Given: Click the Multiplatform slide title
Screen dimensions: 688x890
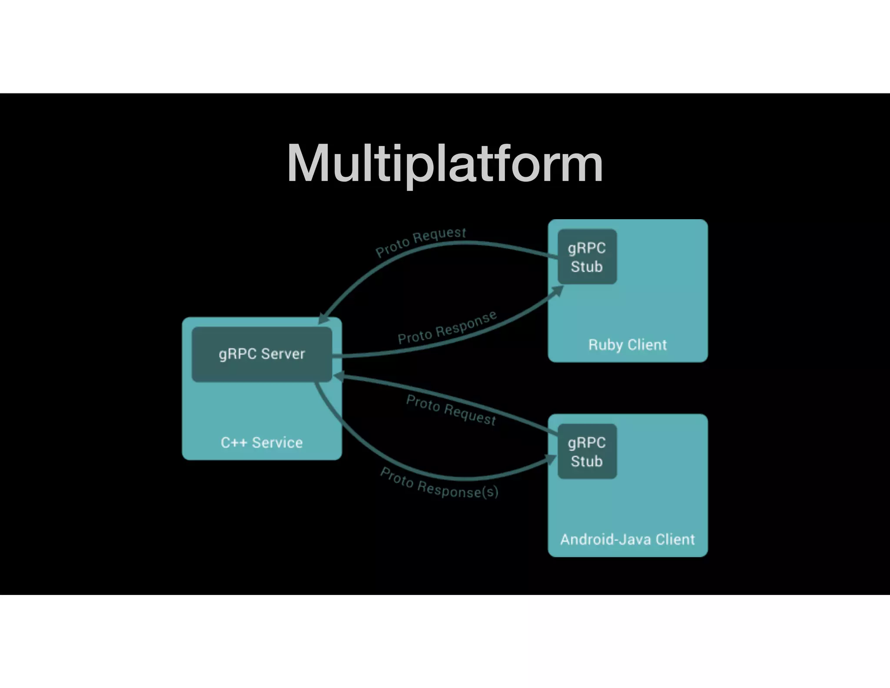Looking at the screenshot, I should [445, 164].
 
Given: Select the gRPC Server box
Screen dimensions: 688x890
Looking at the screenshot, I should [262, 354].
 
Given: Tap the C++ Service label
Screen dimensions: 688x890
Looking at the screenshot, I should [262, 443].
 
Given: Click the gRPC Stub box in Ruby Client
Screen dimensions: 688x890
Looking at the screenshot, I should [587, 257].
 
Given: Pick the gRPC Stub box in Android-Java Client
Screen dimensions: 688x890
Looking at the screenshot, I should [587, 451].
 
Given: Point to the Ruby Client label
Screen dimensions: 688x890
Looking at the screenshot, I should [627, 345].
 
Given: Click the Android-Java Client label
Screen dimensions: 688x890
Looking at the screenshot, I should [627, 540].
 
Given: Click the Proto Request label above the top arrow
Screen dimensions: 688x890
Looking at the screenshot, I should [420, 242].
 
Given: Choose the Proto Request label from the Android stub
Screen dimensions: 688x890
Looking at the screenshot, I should [451, 410].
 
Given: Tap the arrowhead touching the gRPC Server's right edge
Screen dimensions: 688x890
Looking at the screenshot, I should [338, 376].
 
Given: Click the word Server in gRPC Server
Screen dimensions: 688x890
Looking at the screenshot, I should [283, 354].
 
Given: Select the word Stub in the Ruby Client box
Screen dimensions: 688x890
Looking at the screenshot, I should [587, 267].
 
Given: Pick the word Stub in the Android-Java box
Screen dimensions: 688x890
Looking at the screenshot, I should [587, 461].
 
